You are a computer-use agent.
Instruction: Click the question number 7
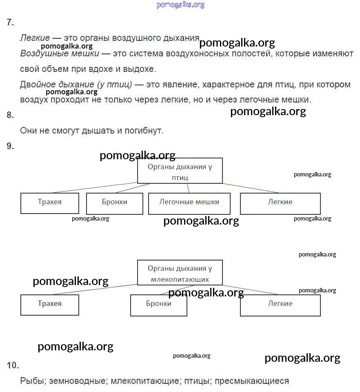(x=11, y=22)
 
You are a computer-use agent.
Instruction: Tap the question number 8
(x=11, y=115)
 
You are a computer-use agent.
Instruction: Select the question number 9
(x=11, y=146)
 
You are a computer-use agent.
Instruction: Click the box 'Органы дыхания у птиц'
(x=180, y=171)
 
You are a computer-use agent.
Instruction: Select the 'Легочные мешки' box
(x=189, y=203)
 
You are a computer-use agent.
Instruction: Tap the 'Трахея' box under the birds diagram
(x=49, y=203)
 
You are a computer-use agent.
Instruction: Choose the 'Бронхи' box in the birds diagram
(x=115, y=203)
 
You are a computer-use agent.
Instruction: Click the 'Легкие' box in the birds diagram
(x=280, y=203)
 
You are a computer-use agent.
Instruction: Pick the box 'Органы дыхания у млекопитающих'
(x=180, y=273)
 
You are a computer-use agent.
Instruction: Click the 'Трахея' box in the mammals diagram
(x=49, y=305)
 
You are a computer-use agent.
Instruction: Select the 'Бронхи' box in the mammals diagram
(x=158, y=305)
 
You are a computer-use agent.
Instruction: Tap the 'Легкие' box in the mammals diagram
(x=280, y=305)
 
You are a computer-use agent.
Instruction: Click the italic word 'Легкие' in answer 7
(x=35, y=38)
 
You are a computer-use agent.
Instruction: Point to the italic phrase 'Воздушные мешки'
(x=60, y=53)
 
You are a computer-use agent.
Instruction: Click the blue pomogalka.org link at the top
(x=180, y=5)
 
